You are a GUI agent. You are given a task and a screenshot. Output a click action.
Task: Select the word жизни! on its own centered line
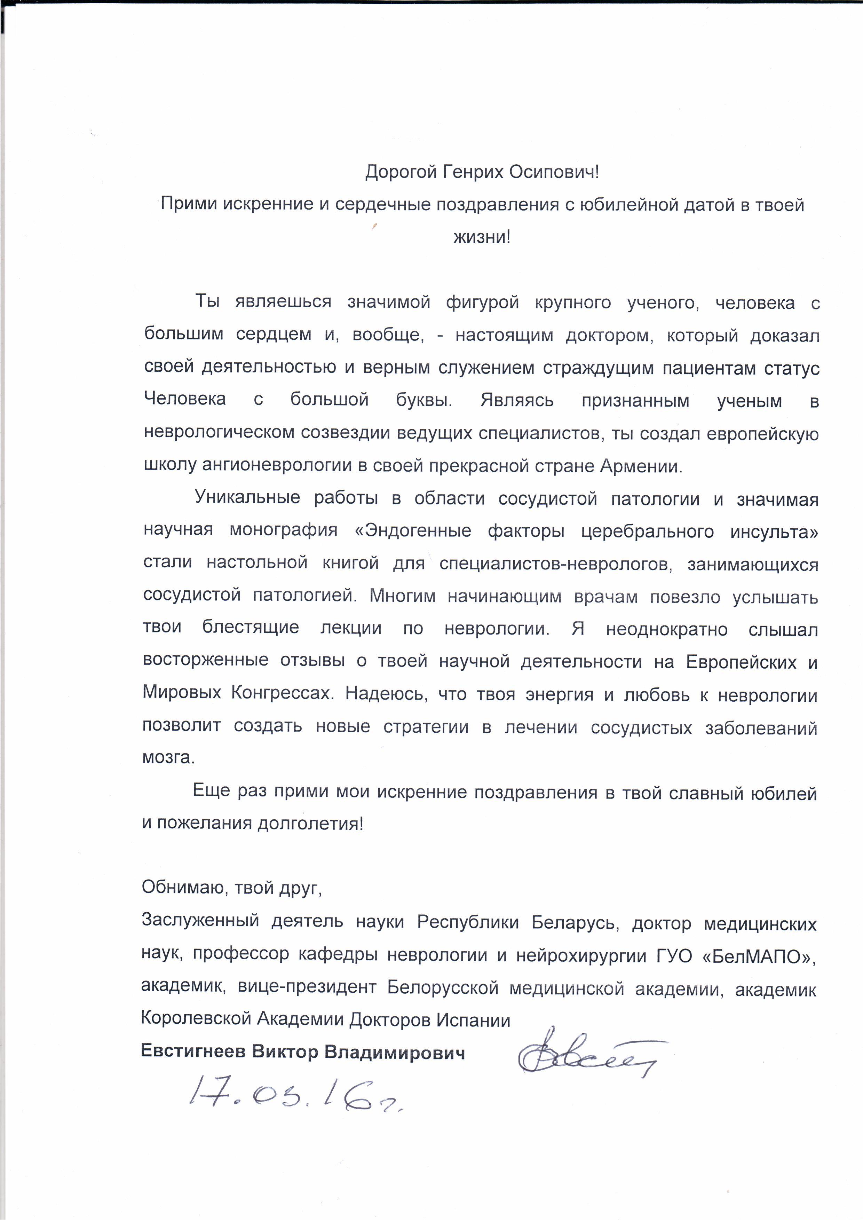coord(481,237)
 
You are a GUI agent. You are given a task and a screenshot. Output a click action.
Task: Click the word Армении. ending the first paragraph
coord(641,466)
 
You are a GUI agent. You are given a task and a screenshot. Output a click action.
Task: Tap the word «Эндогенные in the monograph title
coord(413,531)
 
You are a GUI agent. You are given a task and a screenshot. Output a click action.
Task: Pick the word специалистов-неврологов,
coord(556,564)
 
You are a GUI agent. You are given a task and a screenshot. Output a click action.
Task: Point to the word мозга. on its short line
coord(168,758)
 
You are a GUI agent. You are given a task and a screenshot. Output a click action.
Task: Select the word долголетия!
coord(310,824)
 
